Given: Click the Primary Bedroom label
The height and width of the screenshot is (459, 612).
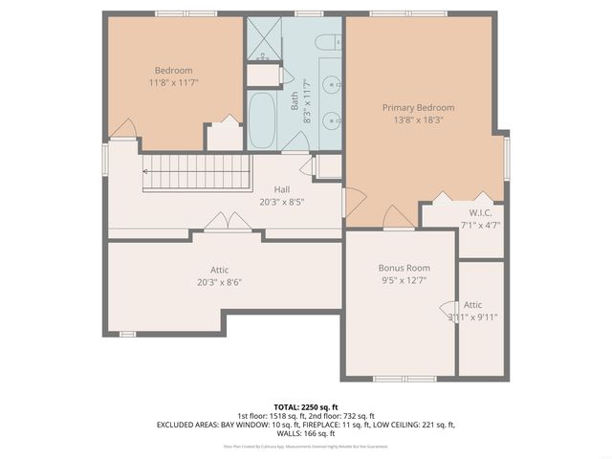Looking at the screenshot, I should coord(418,108).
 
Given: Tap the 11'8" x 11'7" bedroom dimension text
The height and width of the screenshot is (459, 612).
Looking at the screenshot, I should coord(174,84).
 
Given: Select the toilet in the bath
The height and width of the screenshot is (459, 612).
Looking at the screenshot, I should coord(325,41).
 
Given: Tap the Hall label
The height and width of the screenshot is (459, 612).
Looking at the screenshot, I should coord(282,189).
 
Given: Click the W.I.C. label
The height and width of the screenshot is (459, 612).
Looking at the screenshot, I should coord(480,212).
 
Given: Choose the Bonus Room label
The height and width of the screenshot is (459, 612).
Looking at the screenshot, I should coord(404,268).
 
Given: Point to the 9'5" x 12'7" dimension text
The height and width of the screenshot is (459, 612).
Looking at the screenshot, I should coord(404,281).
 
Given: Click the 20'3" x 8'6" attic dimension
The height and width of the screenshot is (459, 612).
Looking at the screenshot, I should coord(220,282).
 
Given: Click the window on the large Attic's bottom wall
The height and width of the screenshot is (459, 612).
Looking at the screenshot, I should coord(127,334).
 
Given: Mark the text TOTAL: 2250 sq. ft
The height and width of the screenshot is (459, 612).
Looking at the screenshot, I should coord(305,407).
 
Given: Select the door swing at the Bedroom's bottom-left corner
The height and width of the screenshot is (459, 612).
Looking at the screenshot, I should coord(121,128).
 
